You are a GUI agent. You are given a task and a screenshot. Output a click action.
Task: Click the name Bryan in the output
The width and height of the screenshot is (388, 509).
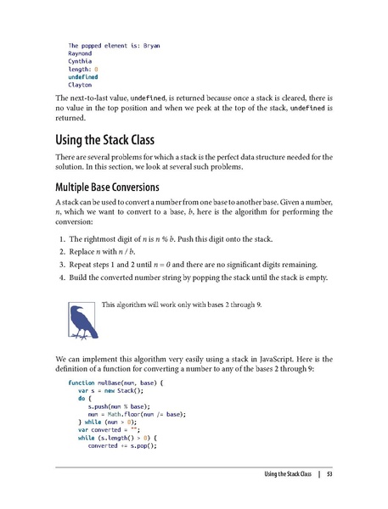tap(152, 45)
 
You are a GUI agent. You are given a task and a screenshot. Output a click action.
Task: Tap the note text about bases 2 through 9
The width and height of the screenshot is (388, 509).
tap(181, 303)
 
